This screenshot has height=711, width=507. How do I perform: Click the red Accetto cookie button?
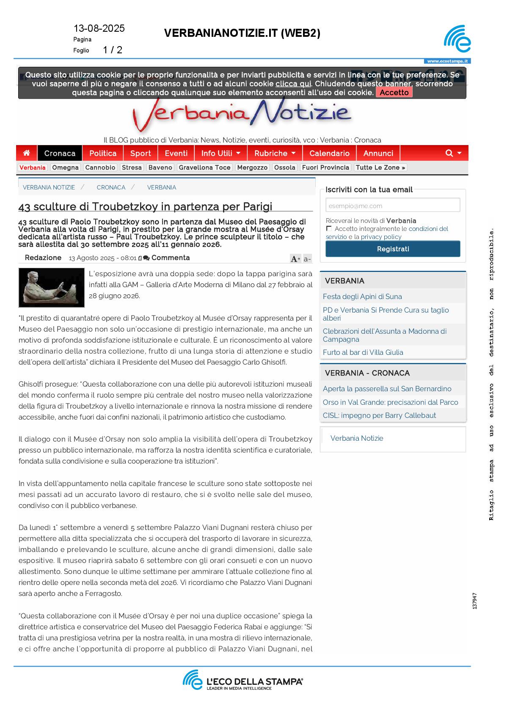394,92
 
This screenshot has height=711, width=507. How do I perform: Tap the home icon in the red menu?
27,153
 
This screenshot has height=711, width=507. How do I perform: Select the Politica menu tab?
103,153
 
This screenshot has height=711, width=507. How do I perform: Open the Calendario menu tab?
329,153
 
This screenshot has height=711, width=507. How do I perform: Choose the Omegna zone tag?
65,167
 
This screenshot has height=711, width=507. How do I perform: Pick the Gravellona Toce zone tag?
204,167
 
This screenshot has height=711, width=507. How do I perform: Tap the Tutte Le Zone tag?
380,167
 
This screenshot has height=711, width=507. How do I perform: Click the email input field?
393,206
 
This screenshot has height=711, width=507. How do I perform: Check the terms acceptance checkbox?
329,228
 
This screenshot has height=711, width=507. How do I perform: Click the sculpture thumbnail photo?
52,288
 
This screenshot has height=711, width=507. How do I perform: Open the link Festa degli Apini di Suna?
362,296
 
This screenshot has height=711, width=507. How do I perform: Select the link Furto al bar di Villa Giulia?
363,352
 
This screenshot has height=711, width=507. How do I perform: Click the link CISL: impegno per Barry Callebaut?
379,415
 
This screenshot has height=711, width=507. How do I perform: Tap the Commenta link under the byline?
170,258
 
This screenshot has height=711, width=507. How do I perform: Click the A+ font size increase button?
295,259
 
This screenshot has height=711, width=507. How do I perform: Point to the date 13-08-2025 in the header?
99,28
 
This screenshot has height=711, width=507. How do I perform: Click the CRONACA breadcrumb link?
111,187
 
